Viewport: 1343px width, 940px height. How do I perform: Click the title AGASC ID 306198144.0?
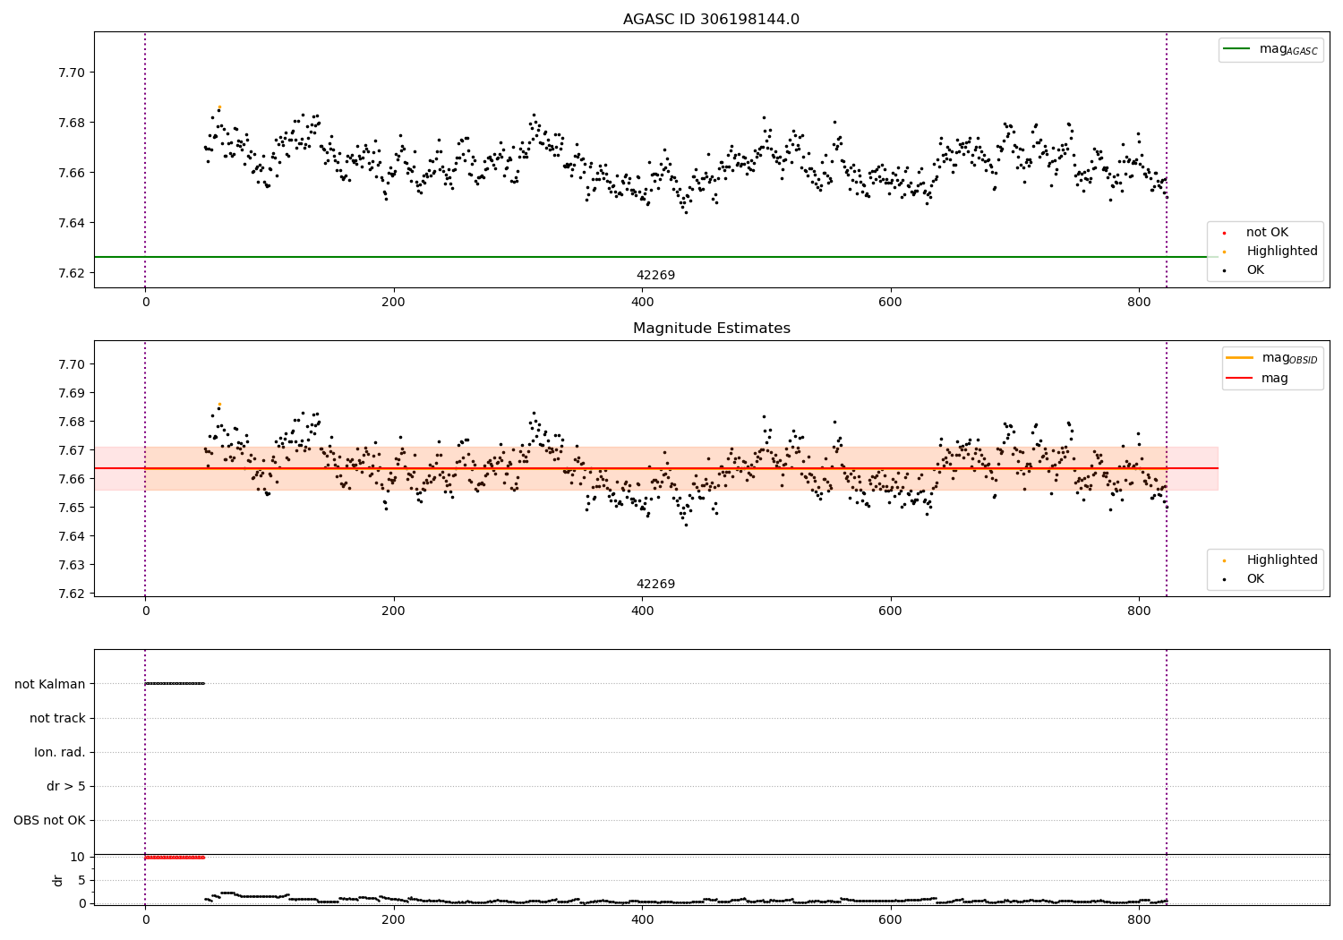711,20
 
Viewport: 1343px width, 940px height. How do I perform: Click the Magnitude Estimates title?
711,329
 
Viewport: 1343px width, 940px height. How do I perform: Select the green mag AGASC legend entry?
1270,49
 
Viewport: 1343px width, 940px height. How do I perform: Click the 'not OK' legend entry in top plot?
1266,233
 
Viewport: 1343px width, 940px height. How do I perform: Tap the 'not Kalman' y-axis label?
50,684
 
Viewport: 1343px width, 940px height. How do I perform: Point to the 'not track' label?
57,718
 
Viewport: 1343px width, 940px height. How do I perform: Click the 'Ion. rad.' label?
60,752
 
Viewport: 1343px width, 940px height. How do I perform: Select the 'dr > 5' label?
66,786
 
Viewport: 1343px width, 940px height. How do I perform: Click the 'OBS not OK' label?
50,820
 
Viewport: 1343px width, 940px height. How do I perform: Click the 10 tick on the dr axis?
78,857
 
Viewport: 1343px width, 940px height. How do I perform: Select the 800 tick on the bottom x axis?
1139,919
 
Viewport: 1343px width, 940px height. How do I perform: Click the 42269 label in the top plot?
655,276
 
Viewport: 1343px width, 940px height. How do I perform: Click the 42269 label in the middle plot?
655,585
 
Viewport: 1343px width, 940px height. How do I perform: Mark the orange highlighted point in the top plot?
219,107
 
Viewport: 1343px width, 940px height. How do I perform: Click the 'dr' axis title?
58,880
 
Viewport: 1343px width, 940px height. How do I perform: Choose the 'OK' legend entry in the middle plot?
1255,579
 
